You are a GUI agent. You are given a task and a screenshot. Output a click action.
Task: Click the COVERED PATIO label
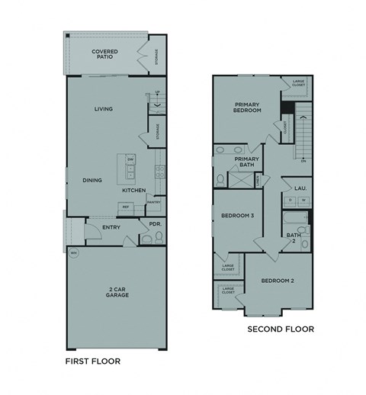coord(104,54)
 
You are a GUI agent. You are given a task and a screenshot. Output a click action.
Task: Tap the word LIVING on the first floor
coord(104,109)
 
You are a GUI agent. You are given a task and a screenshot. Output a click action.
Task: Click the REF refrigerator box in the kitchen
coord(123,207)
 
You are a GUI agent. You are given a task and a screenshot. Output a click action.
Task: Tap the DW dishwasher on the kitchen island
coord(130,159)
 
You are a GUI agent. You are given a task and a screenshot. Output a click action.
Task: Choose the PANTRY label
coord(153,202)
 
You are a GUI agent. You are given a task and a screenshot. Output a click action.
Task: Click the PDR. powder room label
coord(155,224)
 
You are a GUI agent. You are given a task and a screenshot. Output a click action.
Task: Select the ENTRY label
coord(101,226)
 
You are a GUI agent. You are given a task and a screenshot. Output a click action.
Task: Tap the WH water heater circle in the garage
coord(74,252)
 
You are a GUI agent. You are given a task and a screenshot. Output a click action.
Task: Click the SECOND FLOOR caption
coord(280,329)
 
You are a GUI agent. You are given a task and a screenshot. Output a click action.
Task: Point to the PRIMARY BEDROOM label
coord(248,108)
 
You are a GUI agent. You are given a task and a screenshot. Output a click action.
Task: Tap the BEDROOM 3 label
coord(237,216)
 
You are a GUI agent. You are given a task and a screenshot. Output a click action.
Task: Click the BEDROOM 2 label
coord(277,281)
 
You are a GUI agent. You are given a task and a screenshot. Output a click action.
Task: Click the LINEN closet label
coord(258,180)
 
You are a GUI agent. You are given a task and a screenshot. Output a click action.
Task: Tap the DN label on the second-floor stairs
coord(303,161)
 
